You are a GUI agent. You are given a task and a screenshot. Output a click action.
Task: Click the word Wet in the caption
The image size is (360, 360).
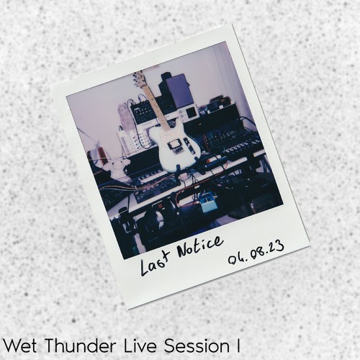pyautogui.click(x=20, y=346)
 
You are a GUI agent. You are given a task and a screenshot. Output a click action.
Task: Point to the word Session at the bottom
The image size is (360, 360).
pyautogui.click(x=197, y=346)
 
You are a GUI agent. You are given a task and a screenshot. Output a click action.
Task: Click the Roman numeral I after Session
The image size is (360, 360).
pyautogui.click(x=238, y=346)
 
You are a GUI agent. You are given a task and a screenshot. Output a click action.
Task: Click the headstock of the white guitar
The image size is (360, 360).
pyautogui.click(x=138, y=78)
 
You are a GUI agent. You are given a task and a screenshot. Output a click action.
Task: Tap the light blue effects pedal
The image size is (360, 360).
pyautogui.click(x=207, y=203)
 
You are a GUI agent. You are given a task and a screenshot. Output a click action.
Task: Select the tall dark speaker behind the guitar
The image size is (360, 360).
pyautogui.click(x=176, y=91)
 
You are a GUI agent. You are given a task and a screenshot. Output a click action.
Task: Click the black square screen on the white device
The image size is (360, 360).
pyautogui.click(x=191, y=112)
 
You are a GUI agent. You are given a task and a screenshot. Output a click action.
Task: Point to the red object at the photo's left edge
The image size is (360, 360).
pyautogui.click(x=102, y=153)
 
